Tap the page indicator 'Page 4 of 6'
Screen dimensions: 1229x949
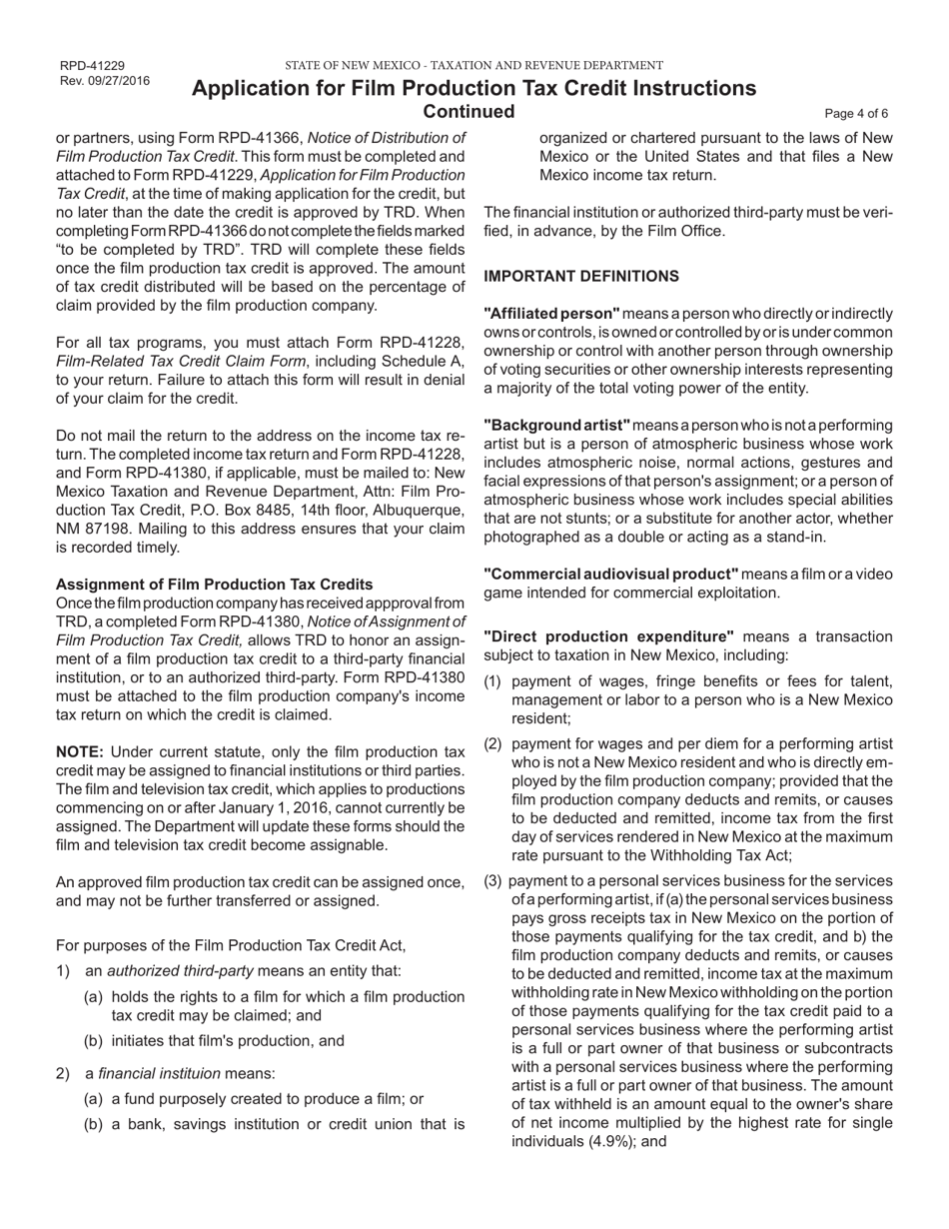click(x=856, y=113)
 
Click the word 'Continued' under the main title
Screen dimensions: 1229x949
click(x=470, y=111)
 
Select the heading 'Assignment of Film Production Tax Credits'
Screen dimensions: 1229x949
click(x=215, y=584)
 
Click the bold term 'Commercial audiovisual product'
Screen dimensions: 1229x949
click(x=610, y=574)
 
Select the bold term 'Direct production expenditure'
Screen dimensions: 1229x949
click(x=608, y=636)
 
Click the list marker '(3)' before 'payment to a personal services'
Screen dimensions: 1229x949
click(x=493, y=880)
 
